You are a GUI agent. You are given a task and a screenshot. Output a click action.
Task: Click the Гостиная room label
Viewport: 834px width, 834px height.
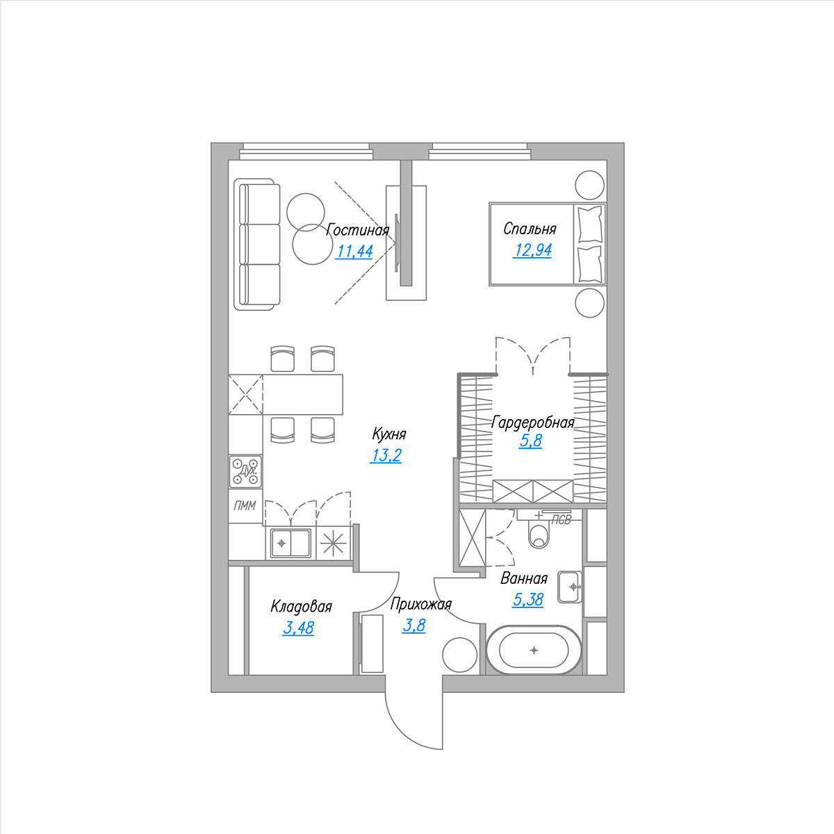pos(357,230)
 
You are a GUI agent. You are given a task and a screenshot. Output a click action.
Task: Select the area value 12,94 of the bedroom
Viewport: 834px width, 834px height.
pos(532,250)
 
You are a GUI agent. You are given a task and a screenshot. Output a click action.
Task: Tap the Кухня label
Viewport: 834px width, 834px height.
pos(389,434)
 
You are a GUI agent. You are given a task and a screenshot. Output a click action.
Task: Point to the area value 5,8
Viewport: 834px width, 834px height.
pos(530,441)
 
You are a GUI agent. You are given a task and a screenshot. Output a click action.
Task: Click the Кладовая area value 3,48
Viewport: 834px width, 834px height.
pos(298,628)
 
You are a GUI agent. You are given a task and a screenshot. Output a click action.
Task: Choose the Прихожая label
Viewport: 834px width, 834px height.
pos(420,604)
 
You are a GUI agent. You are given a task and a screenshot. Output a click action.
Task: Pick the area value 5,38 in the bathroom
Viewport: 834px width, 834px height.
pos(528,600)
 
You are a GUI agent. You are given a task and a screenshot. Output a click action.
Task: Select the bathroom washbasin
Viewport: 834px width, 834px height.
pos(570,587)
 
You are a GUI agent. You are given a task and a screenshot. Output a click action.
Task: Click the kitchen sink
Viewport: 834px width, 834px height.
pos(291,543)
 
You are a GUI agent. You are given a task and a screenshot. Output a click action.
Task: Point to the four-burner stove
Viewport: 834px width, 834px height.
pos(245,471)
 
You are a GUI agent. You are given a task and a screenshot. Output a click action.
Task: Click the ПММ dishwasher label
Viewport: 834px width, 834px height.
pos(245,505)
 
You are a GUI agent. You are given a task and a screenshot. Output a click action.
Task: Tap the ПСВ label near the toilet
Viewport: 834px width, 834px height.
pos(562,521)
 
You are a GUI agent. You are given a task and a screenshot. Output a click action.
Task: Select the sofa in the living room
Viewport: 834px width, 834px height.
pos(256,244)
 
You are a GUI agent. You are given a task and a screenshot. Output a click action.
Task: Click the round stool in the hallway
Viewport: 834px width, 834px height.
pos(459,655)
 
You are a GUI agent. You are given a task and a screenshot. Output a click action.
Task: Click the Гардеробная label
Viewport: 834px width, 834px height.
pos(533,422)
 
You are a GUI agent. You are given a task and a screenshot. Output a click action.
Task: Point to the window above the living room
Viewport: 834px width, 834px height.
pos(306,152)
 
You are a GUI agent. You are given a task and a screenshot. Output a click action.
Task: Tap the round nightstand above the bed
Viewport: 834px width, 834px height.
pos(589,186)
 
